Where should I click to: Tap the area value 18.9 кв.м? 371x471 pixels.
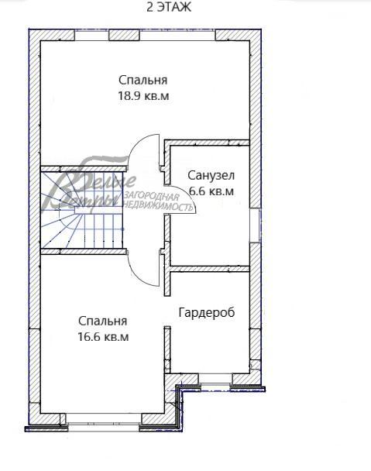(x=143, y=96)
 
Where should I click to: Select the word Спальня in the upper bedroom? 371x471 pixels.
(x=143, y=80)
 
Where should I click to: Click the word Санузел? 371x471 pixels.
(x=210, y=175)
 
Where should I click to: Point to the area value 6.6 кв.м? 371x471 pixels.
(x=210, y=191)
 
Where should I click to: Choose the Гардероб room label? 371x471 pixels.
(x=206, y=312)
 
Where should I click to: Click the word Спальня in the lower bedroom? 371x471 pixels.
(x=102, y=321)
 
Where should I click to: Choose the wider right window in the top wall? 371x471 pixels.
(x=177, y=35)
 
